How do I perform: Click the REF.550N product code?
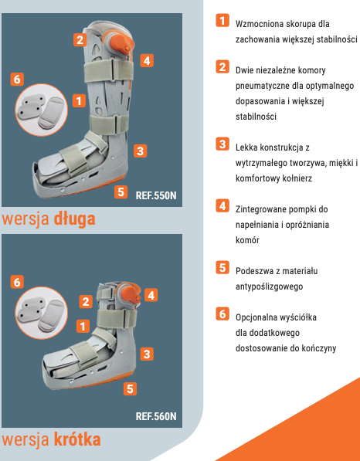(156, 195)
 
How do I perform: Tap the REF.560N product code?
(156, 416)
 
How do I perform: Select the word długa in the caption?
(74, 219)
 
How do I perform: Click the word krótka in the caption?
(77, 439)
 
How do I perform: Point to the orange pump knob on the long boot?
(121, 43)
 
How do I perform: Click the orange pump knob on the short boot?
(131, 295)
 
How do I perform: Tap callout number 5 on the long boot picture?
(121, 192)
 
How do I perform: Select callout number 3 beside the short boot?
(147, 354)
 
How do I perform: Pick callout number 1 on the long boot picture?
(79, 101)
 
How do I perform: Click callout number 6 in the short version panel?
(17, 283)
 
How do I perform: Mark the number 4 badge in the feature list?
(222, 205)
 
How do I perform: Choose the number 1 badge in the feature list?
(222, 20)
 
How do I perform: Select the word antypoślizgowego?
(269, 286)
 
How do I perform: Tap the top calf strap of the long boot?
(109, 70)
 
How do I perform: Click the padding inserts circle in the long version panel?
(41, 110)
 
